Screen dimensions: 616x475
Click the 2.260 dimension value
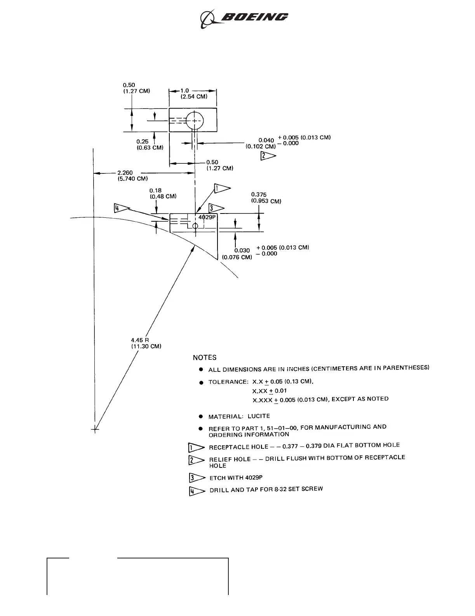coord(125,173)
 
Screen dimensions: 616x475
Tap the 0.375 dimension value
coord(259,195)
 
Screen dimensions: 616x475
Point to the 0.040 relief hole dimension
coord(266,140)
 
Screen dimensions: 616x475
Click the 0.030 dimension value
coord(242,250)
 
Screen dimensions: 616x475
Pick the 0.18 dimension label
coord(156,191)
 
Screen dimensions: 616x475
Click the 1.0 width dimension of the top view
coord(184,91)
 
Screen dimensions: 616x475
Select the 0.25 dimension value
coord(142,142)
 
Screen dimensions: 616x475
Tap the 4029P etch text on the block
coord(206,217)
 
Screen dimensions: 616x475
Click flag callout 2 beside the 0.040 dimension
coord(268,156)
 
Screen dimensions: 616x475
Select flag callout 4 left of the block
coord(121,208)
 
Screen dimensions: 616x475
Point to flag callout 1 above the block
coord(222,188)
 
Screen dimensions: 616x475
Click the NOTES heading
coord(205,357)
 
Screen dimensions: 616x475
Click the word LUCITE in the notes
coord(259,416)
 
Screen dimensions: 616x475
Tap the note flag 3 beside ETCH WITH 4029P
coord(197,478)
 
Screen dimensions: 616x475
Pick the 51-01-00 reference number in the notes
coord(282,428)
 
